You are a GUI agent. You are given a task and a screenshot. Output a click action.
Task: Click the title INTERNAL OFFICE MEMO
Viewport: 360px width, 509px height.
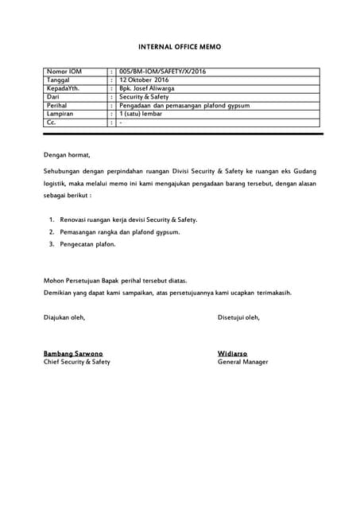[x=180, y=48]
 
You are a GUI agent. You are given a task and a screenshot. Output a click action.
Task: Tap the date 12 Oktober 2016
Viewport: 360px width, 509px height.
[x=144, y=80]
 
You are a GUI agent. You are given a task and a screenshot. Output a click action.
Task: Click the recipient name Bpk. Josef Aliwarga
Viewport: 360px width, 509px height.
[x=150, y=89]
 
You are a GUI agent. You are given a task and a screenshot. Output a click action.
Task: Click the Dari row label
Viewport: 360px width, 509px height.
[x=54, y=97]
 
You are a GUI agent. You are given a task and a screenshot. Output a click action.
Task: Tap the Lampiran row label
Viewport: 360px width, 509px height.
[x=60, y=114]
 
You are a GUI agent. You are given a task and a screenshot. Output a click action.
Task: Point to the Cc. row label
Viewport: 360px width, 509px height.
[x=52, y=122]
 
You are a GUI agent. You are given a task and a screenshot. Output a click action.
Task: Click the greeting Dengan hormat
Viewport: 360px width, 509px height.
[x=68, y=155]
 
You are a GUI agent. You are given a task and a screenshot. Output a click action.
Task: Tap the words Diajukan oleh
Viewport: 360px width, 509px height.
[x=64, y=317]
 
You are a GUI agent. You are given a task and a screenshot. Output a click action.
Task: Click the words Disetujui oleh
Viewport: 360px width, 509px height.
[x=238, y=317]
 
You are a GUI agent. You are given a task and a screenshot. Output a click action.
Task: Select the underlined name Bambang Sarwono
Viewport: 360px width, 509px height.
[x=72, y=353]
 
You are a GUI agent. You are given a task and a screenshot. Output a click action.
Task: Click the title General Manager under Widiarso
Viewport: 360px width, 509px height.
[x=242, y=362]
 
